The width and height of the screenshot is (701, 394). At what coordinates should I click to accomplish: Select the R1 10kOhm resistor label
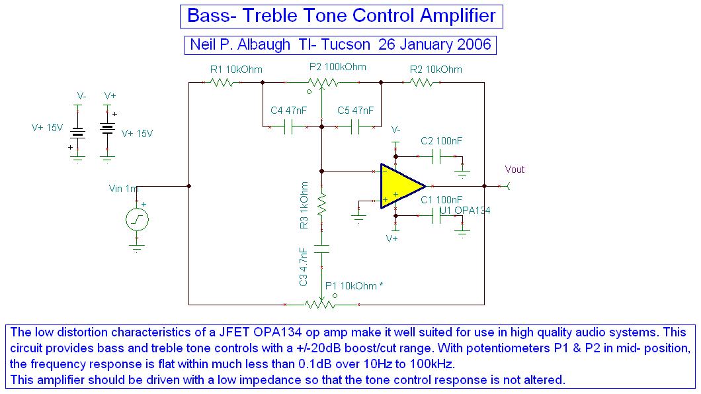click(x=236, y=70)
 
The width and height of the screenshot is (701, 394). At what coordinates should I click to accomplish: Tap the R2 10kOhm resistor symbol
click(x=422, y=82)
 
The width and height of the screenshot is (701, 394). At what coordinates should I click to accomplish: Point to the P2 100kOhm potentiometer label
click(x=337, y=67)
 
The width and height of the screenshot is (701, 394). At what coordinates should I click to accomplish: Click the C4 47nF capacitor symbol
click(x=288, y=127)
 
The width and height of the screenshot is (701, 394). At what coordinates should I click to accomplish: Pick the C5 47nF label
click(x=355, y=111)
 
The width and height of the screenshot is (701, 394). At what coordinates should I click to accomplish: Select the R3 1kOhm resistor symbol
click(x=321, y=205)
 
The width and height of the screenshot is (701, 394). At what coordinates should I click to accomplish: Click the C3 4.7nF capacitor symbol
click(x=321, y=249)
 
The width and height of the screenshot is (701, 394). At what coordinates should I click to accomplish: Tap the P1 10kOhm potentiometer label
click(x=354, y=285)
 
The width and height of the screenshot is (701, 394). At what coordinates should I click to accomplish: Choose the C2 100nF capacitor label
click(x=441, y=141)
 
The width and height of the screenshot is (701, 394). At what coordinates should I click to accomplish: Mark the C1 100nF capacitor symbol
click(x=436, y=217)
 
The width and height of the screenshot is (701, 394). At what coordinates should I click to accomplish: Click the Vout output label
click(x=515, y=170)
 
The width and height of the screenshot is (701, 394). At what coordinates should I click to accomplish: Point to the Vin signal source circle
click(x=137, y=219)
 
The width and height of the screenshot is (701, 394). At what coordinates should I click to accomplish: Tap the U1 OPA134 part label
click(x=465, y=211)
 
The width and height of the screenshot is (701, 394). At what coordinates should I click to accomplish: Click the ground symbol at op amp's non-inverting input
click(x=358, y=218)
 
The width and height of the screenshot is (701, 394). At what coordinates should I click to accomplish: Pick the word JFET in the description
click(x=235, y=332)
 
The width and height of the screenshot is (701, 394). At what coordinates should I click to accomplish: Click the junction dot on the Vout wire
click(x=485, y=186)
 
